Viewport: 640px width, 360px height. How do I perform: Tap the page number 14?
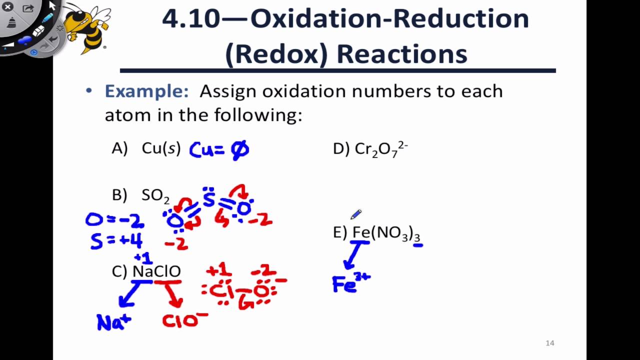point(549,343)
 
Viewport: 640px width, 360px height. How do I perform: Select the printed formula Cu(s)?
point(161,148)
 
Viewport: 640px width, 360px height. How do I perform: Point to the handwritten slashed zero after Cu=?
point(240,150)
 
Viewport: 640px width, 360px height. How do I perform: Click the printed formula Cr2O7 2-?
point(381,148)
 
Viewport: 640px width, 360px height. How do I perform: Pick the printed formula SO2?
point(155,196)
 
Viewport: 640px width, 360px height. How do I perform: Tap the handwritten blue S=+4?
point(116,241)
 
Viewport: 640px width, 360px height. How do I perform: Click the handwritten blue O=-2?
point(114,220)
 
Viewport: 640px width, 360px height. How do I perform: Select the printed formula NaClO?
point(156,271)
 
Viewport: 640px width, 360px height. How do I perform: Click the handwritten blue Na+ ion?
point(114,322)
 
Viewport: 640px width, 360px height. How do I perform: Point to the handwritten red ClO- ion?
point(184,320)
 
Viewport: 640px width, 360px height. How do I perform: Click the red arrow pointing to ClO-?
point(172,295)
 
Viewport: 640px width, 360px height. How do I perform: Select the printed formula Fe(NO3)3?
point(386,233)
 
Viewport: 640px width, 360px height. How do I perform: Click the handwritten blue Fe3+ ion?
point(350,283)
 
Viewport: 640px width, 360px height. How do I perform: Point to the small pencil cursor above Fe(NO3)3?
point(355,215)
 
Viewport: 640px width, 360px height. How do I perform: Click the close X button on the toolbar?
point(7,7)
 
